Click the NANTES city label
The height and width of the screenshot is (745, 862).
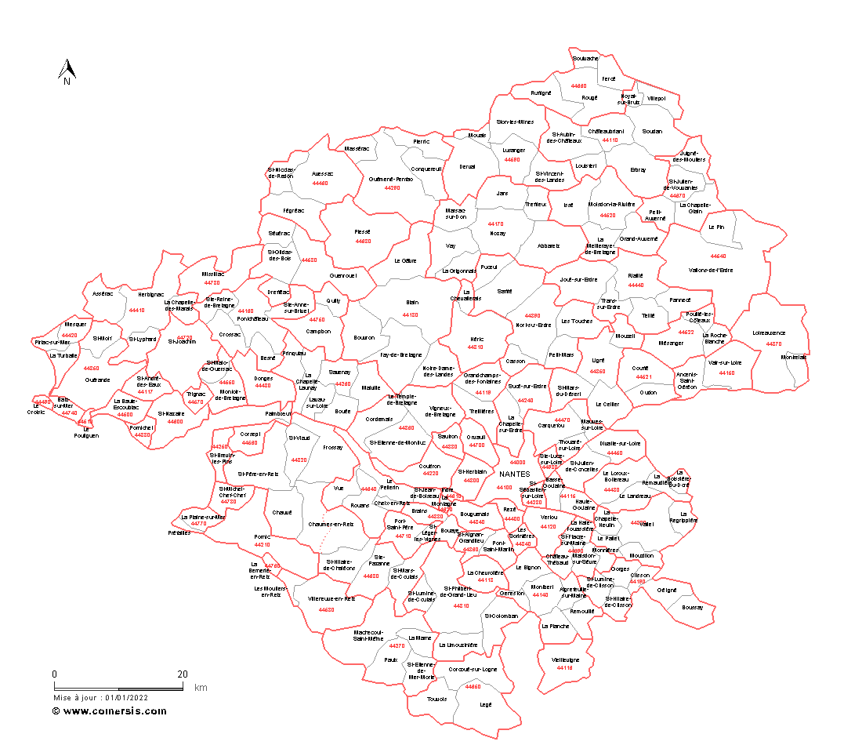[514, 474]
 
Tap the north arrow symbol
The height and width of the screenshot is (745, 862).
[67, 72]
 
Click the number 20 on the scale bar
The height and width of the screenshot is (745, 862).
[182, 674]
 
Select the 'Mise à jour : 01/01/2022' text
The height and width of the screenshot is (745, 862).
[100, 697]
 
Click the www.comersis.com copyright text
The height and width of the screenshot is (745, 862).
[109, 711]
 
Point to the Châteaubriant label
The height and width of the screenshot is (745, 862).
[606, 131]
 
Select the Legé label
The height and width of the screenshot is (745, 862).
[485, 704]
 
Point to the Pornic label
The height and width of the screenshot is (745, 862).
[262, 537]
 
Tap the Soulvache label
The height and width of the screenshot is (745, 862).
[585, 58]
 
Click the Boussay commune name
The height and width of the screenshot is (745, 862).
[692, 607]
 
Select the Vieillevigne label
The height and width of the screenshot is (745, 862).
[565, 660]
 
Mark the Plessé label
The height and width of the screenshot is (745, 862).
[362, 231]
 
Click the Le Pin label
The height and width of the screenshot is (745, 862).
[716, 227]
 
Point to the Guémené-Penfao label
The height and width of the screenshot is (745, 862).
[391, 179]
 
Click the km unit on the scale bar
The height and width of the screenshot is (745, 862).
[201, 687]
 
